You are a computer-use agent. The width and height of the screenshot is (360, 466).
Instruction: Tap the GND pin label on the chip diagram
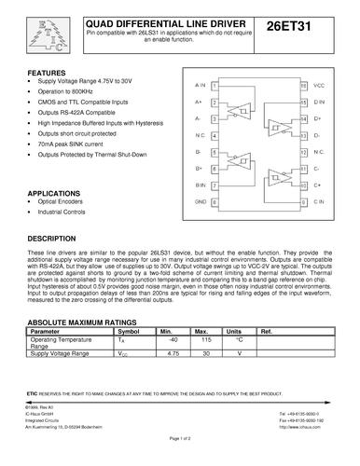coord(200,201)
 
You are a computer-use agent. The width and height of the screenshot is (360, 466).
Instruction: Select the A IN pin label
coord(200,84)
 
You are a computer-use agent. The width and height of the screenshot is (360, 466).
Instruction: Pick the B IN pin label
coord(200,185)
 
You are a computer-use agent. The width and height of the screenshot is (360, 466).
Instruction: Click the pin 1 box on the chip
coord(215,84)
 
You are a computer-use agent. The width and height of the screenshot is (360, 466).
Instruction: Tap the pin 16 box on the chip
coord(303,84)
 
